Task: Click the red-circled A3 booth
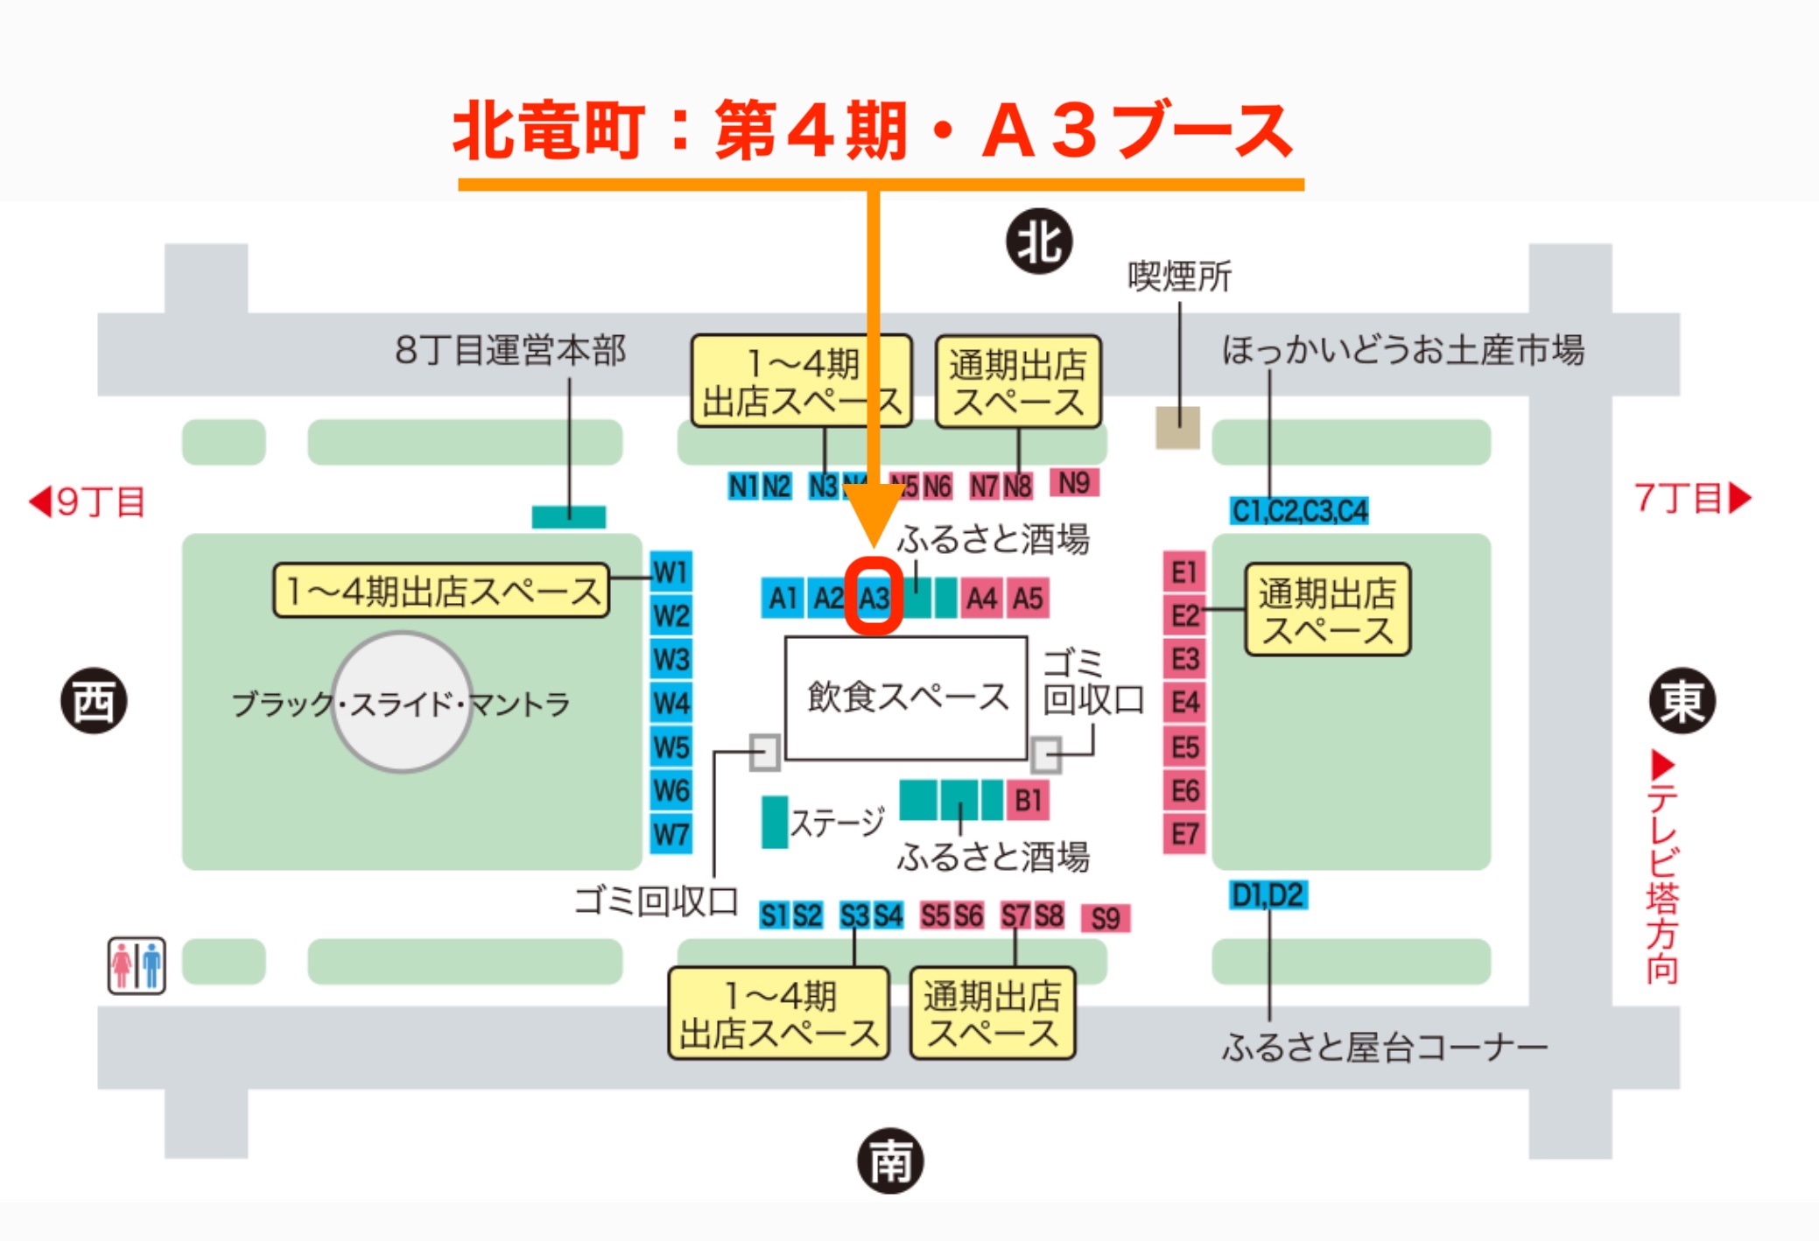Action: (x=874, y=599)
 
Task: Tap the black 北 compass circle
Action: (x=1039, y=242)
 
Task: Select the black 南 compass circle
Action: (x=890, y=1161)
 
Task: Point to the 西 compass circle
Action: (x=94, y=701)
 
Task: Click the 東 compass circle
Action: (x=1682, y=701)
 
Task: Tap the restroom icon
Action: (x=137, y=965)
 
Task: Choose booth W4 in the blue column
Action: (x=671, y=704)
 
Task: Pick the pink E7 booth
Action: (x=1184, y=834)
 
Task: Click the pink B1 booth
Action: (x=1028, y=801)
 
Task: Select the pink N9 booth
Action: (x=1074, y=483)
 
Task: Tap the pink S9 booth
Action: (x=1106, y=918)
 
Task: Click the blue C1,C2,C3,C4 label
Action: (x=1299, y=511)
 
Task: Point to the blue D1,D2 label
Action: (x=1268, y=895)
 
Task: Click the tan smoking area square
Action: (x=1177, y=428)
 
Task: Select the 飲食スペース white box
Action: (x=906, y=698)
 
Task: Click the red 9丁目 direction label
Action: (x=88, y=502)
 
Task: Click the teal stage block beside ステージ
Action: (x=774, y=822)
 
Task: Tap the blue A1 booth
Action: (x=782, y=599)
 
